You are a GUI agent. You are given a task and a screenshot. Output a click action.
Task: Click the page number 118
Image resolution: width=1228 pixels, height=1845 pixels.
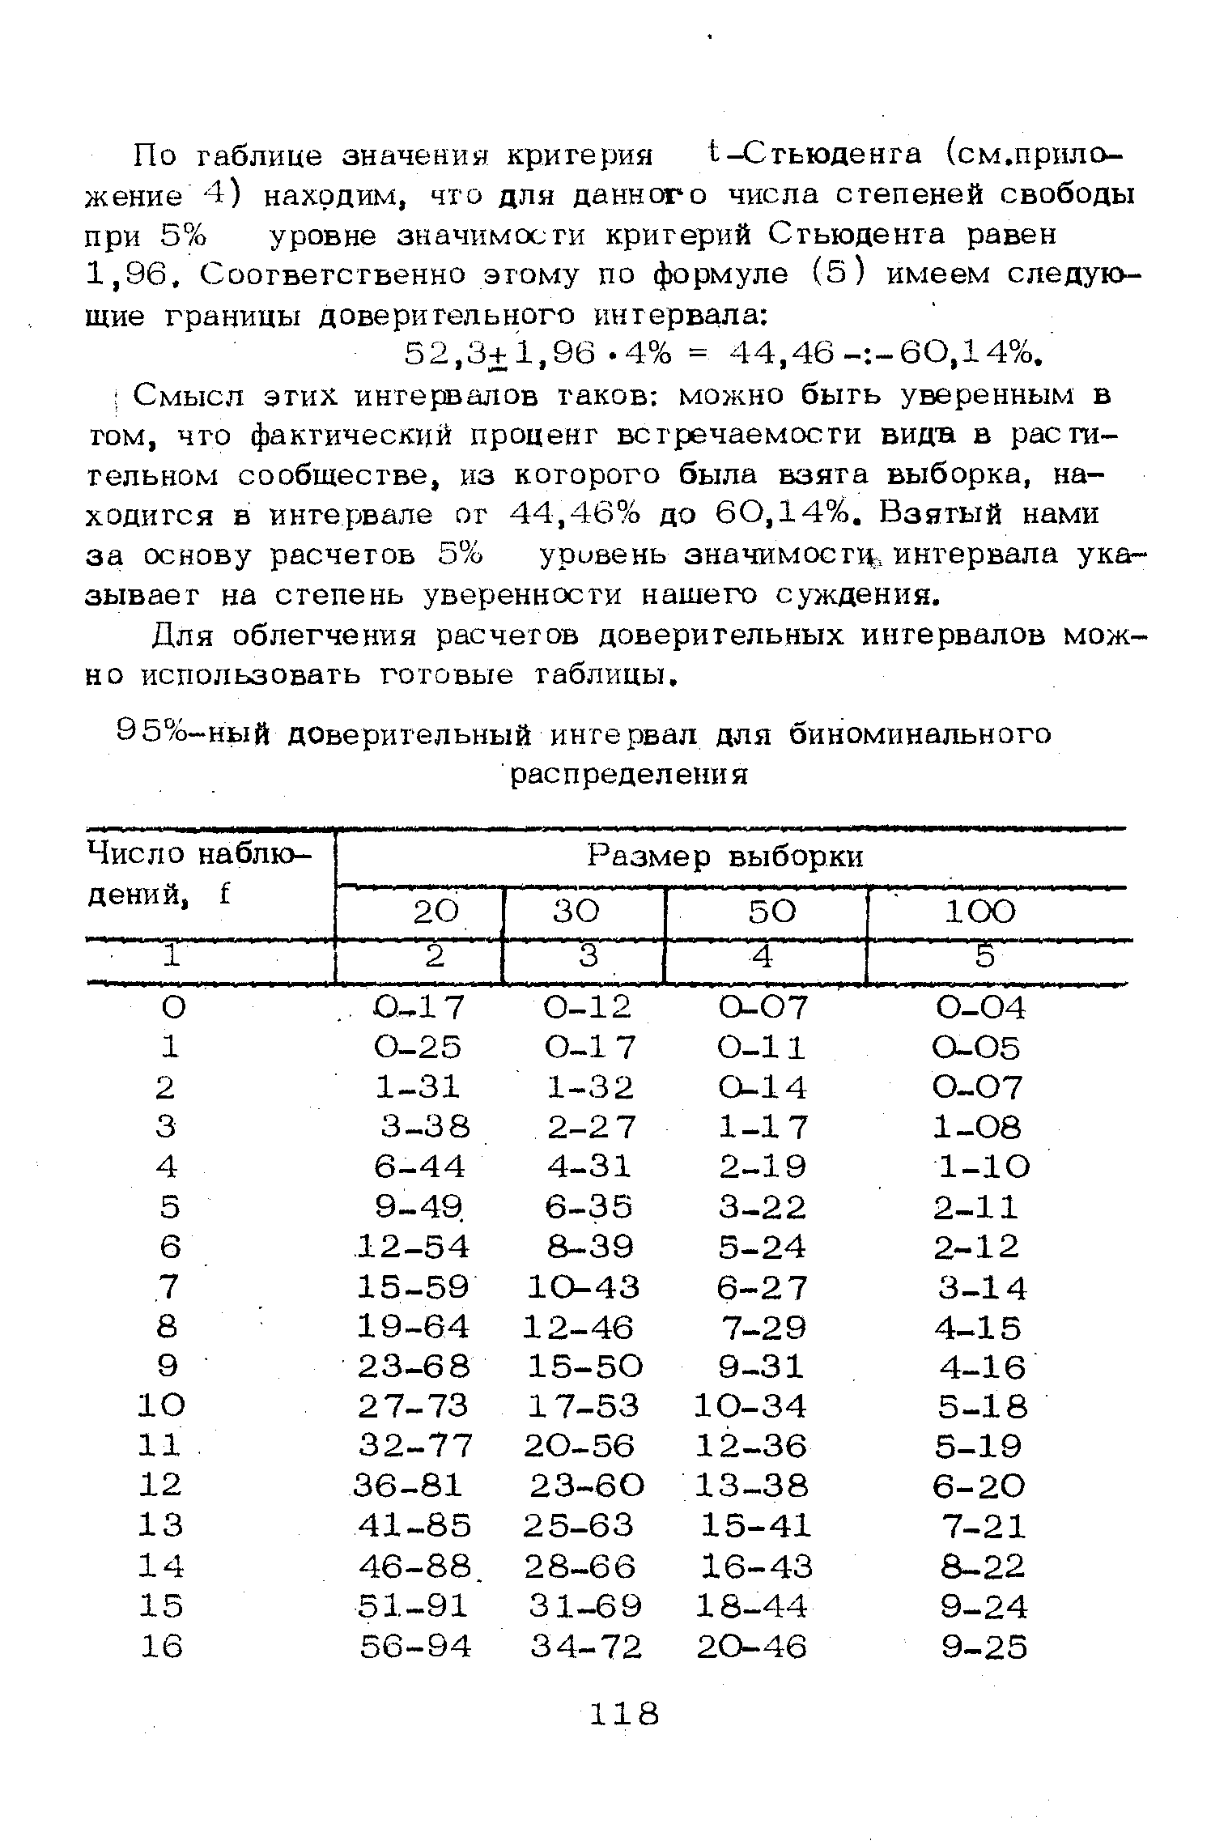(x=624, y=1714)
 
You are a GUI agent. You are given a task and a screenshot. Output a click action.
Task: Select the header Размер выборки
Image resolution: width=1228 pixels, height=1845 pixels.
(x=725, y=857)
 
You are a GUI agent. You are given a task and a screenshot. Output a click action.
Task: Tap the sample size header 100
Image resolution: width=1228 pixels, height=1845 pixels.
(x=979, y=912)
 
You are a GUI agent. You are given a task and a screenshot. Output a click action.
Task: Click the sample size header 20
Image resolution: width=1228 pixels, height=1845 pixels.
(x=436, y=912)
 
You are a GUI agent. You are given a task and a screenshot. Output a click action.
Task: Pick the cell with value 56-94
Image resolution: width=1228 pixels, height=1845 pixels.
(x=414, y=1646)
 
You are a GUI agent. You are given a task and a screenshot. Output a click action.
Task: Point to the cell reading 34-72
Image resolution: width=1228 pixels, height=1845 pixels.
(x=585, y=1646)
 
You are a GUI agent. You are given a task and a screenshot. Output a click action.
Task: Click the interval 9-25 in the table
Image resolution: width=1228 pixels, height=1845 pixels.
(x=984, y=1646)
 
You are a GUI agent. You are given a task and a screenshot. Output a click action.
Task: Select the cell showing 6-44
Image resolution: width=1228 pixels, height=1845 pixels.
(x=419, y=1167)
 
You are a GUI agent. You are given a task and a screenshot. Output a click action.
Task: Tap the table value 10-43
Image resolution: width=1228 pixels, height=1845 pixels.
(x=583, y=1286)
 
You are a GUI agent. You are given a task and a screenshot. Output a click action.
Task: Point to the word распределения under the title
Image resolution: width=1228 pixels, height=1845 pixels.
(x=628, y=776)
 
